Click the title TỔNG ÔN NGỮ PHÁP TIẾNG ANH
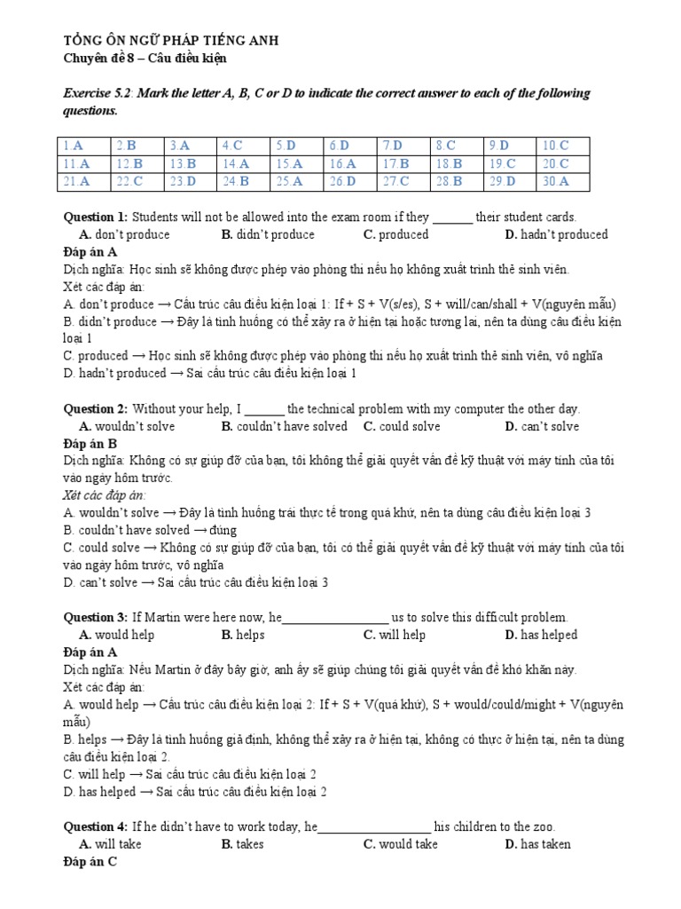(x=153, y=41)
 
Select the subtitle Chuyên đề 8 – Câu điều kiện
(x=145, y=58)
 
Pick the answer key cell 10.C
(x=555, y=145)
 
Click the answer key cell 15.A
(x=289, y=163)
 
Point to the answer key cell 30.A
(x=555, y=181)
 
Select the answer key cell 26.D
(x=342, y=181)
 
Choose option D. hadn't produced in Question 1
(x=556, y=234)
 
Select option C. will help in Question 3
(x=394, y=635)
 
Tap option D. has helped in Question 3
(x=541, y=635)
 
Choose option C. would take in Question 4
(x=400, y=844)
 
